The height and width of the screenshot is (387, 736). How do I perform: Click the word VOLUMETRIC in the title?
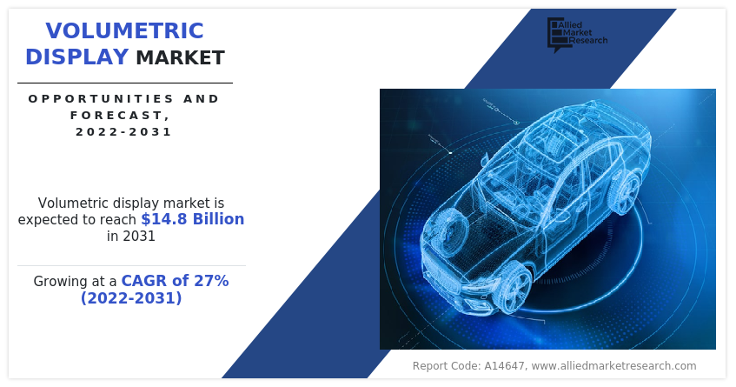click(124, 31)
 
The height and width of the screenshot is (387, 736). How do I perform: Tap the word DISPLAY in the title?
click(77, 57)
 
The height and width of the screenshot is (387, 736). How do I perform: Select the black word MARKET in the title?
click(180, 57)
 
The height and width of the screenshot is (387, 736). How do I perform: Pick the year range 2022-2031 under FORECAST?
click(124, 131)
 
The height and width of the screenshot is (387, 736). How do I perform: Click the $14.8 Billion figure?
click(192, 219)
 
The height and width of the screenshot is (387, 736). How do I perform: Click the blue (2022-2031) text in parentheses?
click(131, 297)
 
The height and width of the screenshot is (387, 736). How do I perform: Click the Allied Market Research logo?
click(577, 34)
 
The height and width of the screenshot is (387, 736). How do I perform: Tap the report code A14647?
click(503, 366)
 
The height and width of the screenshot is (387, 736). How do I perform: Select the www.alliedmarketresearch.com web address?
click(614, 366)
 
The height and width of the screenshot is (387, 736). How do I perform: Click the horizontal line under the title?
click(125, 83)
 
